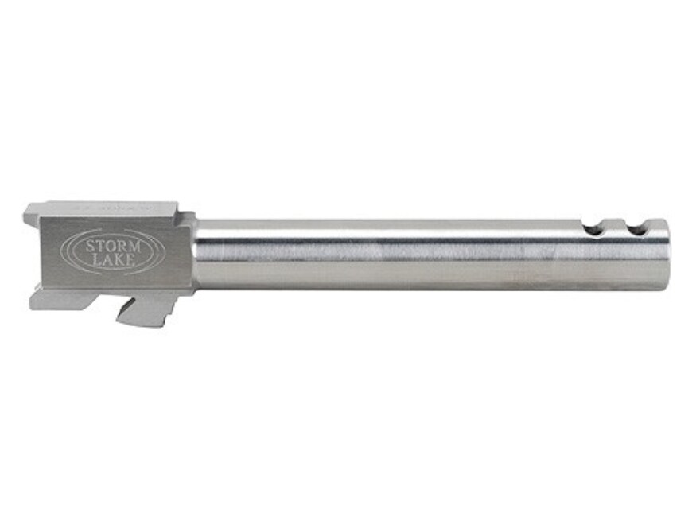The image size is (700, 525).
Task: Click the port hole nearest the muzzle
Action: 635,229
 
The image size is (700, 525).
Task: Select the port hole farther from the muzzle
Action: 593,229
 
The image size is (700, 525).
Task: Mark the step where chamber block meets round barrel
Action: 194,251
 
